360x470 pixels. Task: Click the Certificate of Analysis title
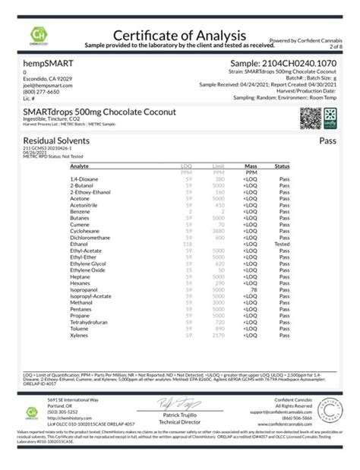(x=180, y=35)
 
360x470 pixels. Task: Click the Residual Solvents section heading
(x=57, y=141)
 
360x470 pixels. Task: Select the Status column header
(x=282, y=165)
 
